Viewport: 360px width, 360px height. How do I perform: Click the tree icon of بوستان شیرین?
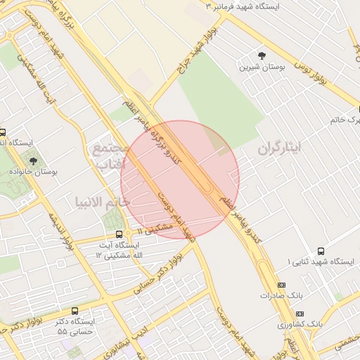click(x=262, y=54)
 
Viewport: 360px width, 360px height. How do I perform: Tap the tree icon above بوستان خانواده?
click(x=32, y=161)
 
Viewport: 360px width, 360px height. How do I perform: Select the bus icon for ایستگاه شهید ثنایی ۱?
click(x=321, y=251)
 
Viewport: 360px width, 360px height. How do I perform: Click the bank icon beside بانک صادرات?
click(x=282, y=285)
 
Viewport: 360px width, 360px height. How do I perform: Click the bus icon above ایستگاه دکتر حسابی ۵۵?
click(x=75, y=311)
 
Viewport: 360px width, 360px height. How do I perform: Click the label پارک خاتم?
click(x=345, y=120)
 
